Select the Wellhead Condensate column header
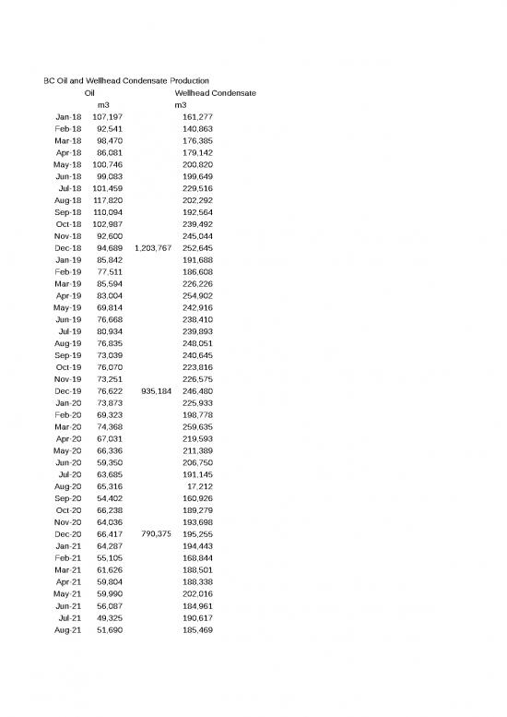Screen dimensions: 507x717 (215, 93)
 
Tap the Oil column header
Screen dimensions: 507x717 (89, 93)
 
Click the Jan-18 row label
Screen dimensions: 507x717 (68, 117)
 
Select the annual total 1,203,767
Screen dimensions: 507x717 (152, 248)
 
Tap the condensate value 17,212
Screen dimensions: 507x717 (199, 486)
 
